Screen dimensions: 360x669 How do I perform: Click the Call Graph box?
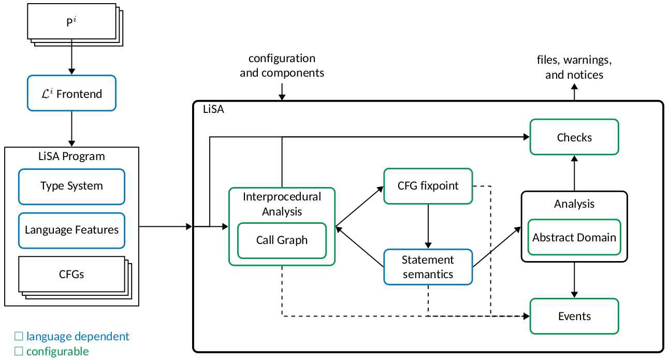pyautogui.click(x=282, y=240)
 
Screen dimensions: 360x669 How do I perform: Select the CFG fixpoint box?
pyautogui.click(x=428, y=185)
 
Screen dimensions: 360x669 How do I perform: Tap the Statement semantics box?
pyautogui.click(x=428, y=267)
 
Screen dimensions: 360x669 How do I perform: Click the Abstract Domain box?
pyautogui.click(x=574, y=238)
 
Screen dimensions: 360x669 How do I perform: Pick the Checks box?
pyautogui.click(x=574, y=137)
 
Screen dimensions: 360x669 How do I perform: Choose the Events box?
pyautogui.click(x=574, y=316)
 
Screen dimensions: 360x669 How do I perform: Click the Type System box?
pyautogui.click(x=71, y=186)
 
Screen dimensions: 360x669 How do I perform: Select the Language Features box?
pyautogui.click(x=71, y=230)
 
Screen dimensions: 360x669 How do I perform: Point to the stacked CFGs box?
pyautogui.click(x=71, y=275)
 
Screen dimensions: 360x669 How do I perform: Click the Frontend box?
pyautogui.click(x=71, y=94)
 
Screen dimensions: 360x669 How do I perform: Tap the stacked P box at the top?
pyautogui.click(x=71, y=23)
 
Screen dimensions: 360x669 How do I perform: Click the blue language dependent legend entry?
pyautogui.click(x=72, y=336)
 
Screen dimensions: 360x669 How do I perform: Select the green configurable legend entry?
pyautogui.click(x=52, y=352)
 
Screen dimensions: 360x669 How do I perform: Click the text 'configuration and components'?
pyautogui.click(x=282, y=66)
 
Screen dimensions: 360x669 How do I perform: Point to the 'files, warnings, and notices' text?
pyautogui.click(x=574, y=67)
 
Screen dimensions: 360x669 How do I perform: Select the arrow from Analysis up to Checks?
pyautogui.click(x=574, y=173)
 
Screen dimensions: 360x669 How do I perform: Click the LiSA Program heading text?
pyautogui.click(x=71, y=156)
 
